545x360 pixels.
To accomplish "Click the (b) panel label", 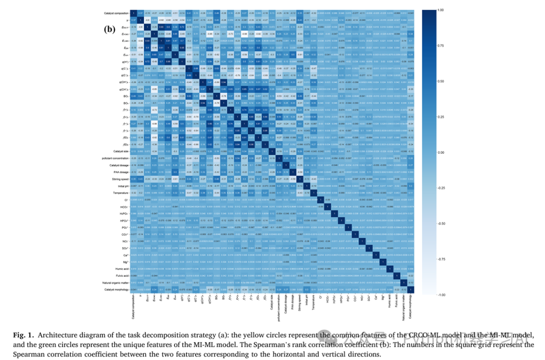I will click(110, 29).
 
